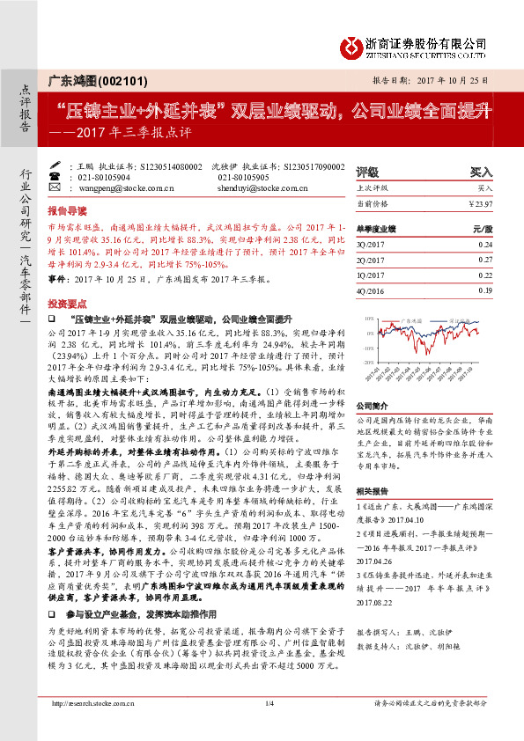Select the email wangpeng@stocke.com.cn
[x=118, y=188]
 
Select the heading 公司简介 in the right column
[x=372, y=405]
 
